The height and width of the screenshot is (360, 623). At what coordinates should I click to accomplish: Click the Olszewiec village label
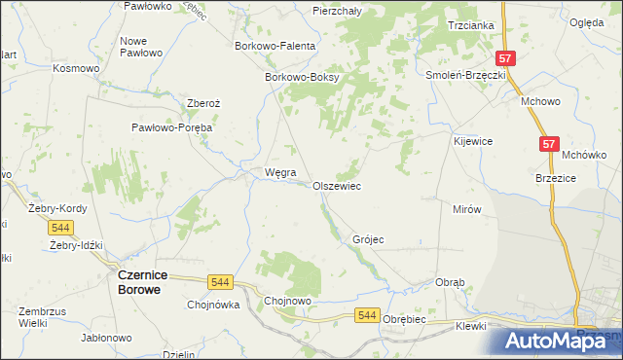click(337, 186)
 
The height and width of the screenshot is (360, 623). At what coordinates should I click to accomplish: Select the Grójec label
click(368, 239)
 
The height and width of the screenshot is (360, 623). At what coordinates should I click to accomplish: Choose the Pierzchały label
click(338, 11)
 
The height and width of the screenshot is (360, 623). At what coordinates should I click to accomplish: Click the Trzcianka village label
click(471, 25)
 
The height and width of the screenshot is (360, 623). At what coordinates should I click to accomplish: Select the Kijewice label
click(473, 141)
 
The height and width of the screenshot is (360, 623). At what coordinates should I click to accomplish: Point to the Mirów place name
click(467, 209)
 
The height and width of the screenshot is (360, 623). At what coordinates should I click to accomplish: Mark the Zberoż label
click(204, 104)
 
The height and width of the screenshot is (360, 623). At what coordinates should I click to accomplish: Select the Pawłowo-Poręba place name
click(172, 127)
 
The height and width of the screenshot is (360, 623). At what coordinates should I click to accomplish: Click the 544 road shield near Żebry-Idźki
click(60, 228)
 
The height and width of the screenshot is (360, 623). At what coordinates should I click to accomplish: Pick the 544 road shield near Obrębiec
click(366, 314)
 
